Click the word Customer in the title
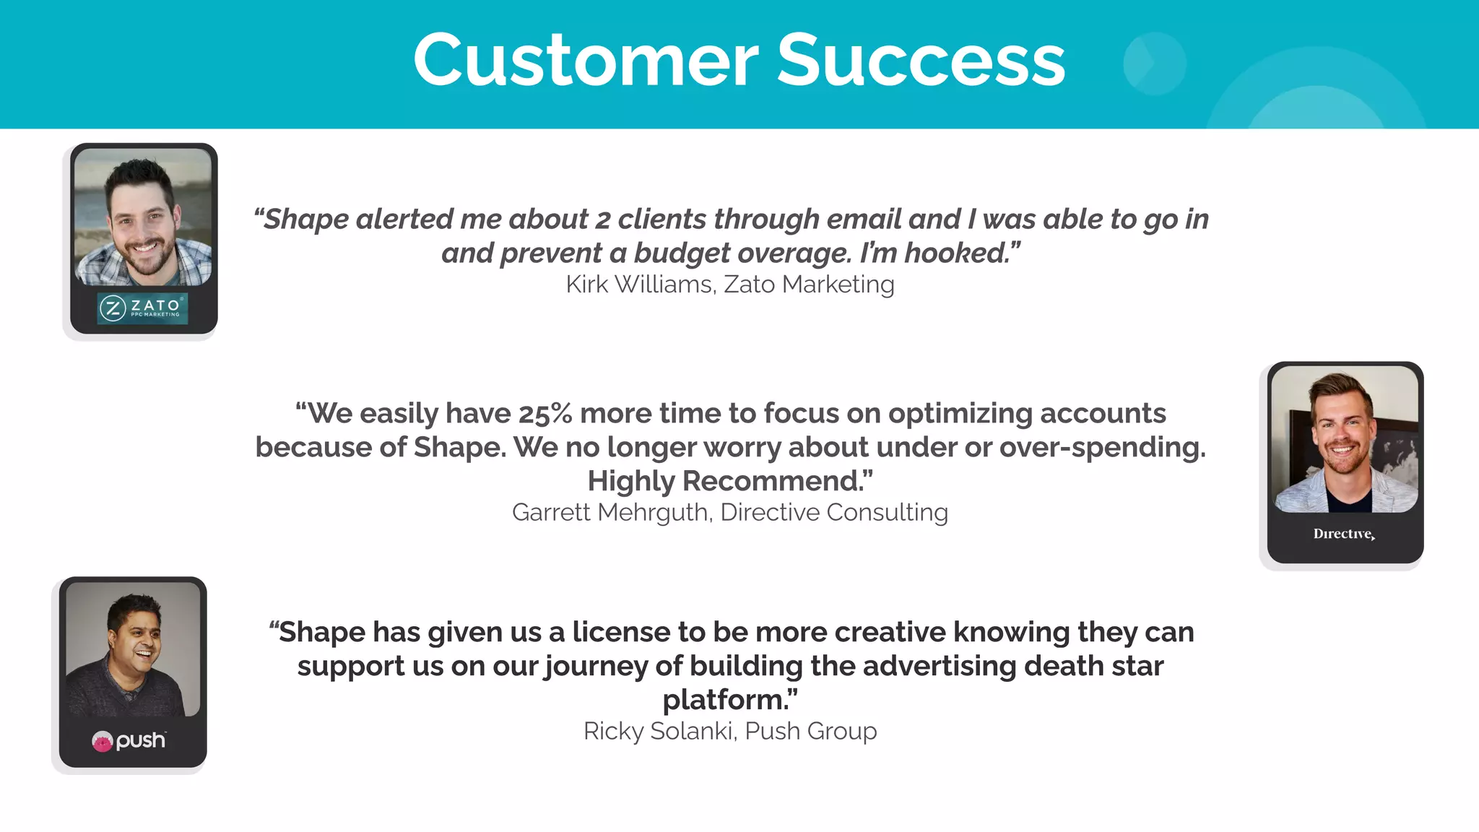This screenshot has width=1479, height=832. click(x=586, y=61)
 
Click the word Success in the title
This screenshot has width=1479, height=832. click(x=921, y=61)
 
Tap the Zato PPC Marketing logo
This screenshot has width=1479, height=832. click(x=143, y=308)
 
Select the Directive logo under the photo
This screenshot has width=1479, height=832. click(x=1344, y=534)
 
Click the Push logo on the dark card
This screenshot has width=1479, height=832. click(x=129, y=740)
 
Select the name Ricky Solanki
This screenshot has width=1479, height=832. click(x=659, y=731)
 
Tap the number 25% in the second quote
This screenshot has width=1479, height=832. click(x=545, y=414)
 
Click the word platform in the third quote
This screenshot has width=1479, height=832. click(x=727, y=700)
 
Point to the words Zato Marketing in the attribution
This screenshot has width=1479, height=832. click(x=809, y=285)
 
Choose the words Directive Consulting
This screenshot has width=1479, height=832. click(x=834, y=512)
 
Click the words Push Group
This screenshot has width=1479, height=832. click(x=810, y=731)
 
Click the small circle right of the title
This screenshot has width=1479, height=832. click(x=1154, y=64)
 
